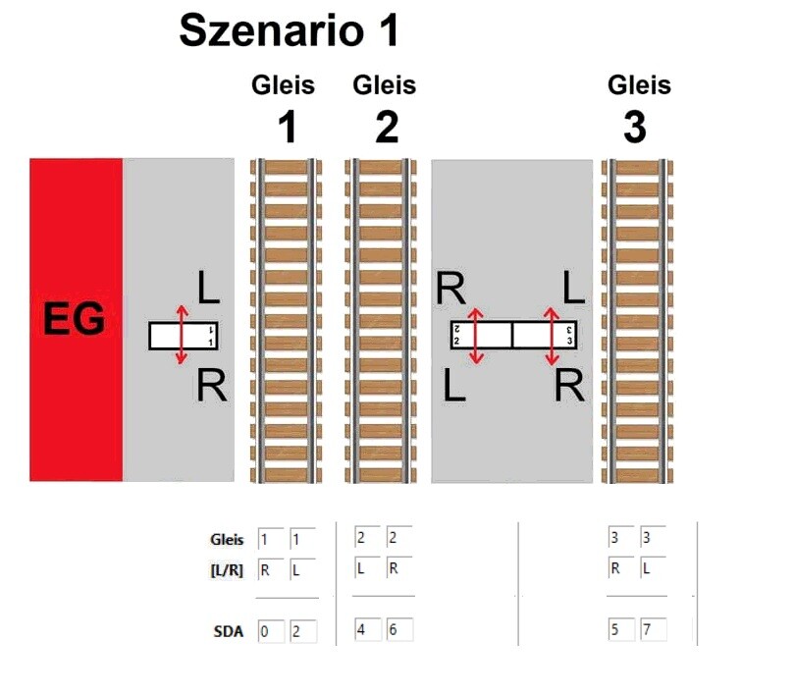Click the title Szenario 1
289,31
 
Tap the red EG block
76,320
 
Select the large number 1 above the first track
285,128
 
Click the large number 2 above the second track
386,128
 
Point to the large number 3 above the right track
636,128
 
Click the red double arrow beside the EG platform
181,335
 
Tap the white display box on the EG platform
184,336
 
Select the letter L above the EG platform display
208,289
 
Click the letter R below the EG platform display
211,386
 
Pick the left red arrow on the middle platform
476,336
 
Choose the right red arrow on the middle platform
551,336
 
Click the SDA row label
228,632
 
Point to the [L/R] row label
226,570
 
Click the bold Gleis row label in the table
227,539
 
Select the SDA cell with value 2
301,631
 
